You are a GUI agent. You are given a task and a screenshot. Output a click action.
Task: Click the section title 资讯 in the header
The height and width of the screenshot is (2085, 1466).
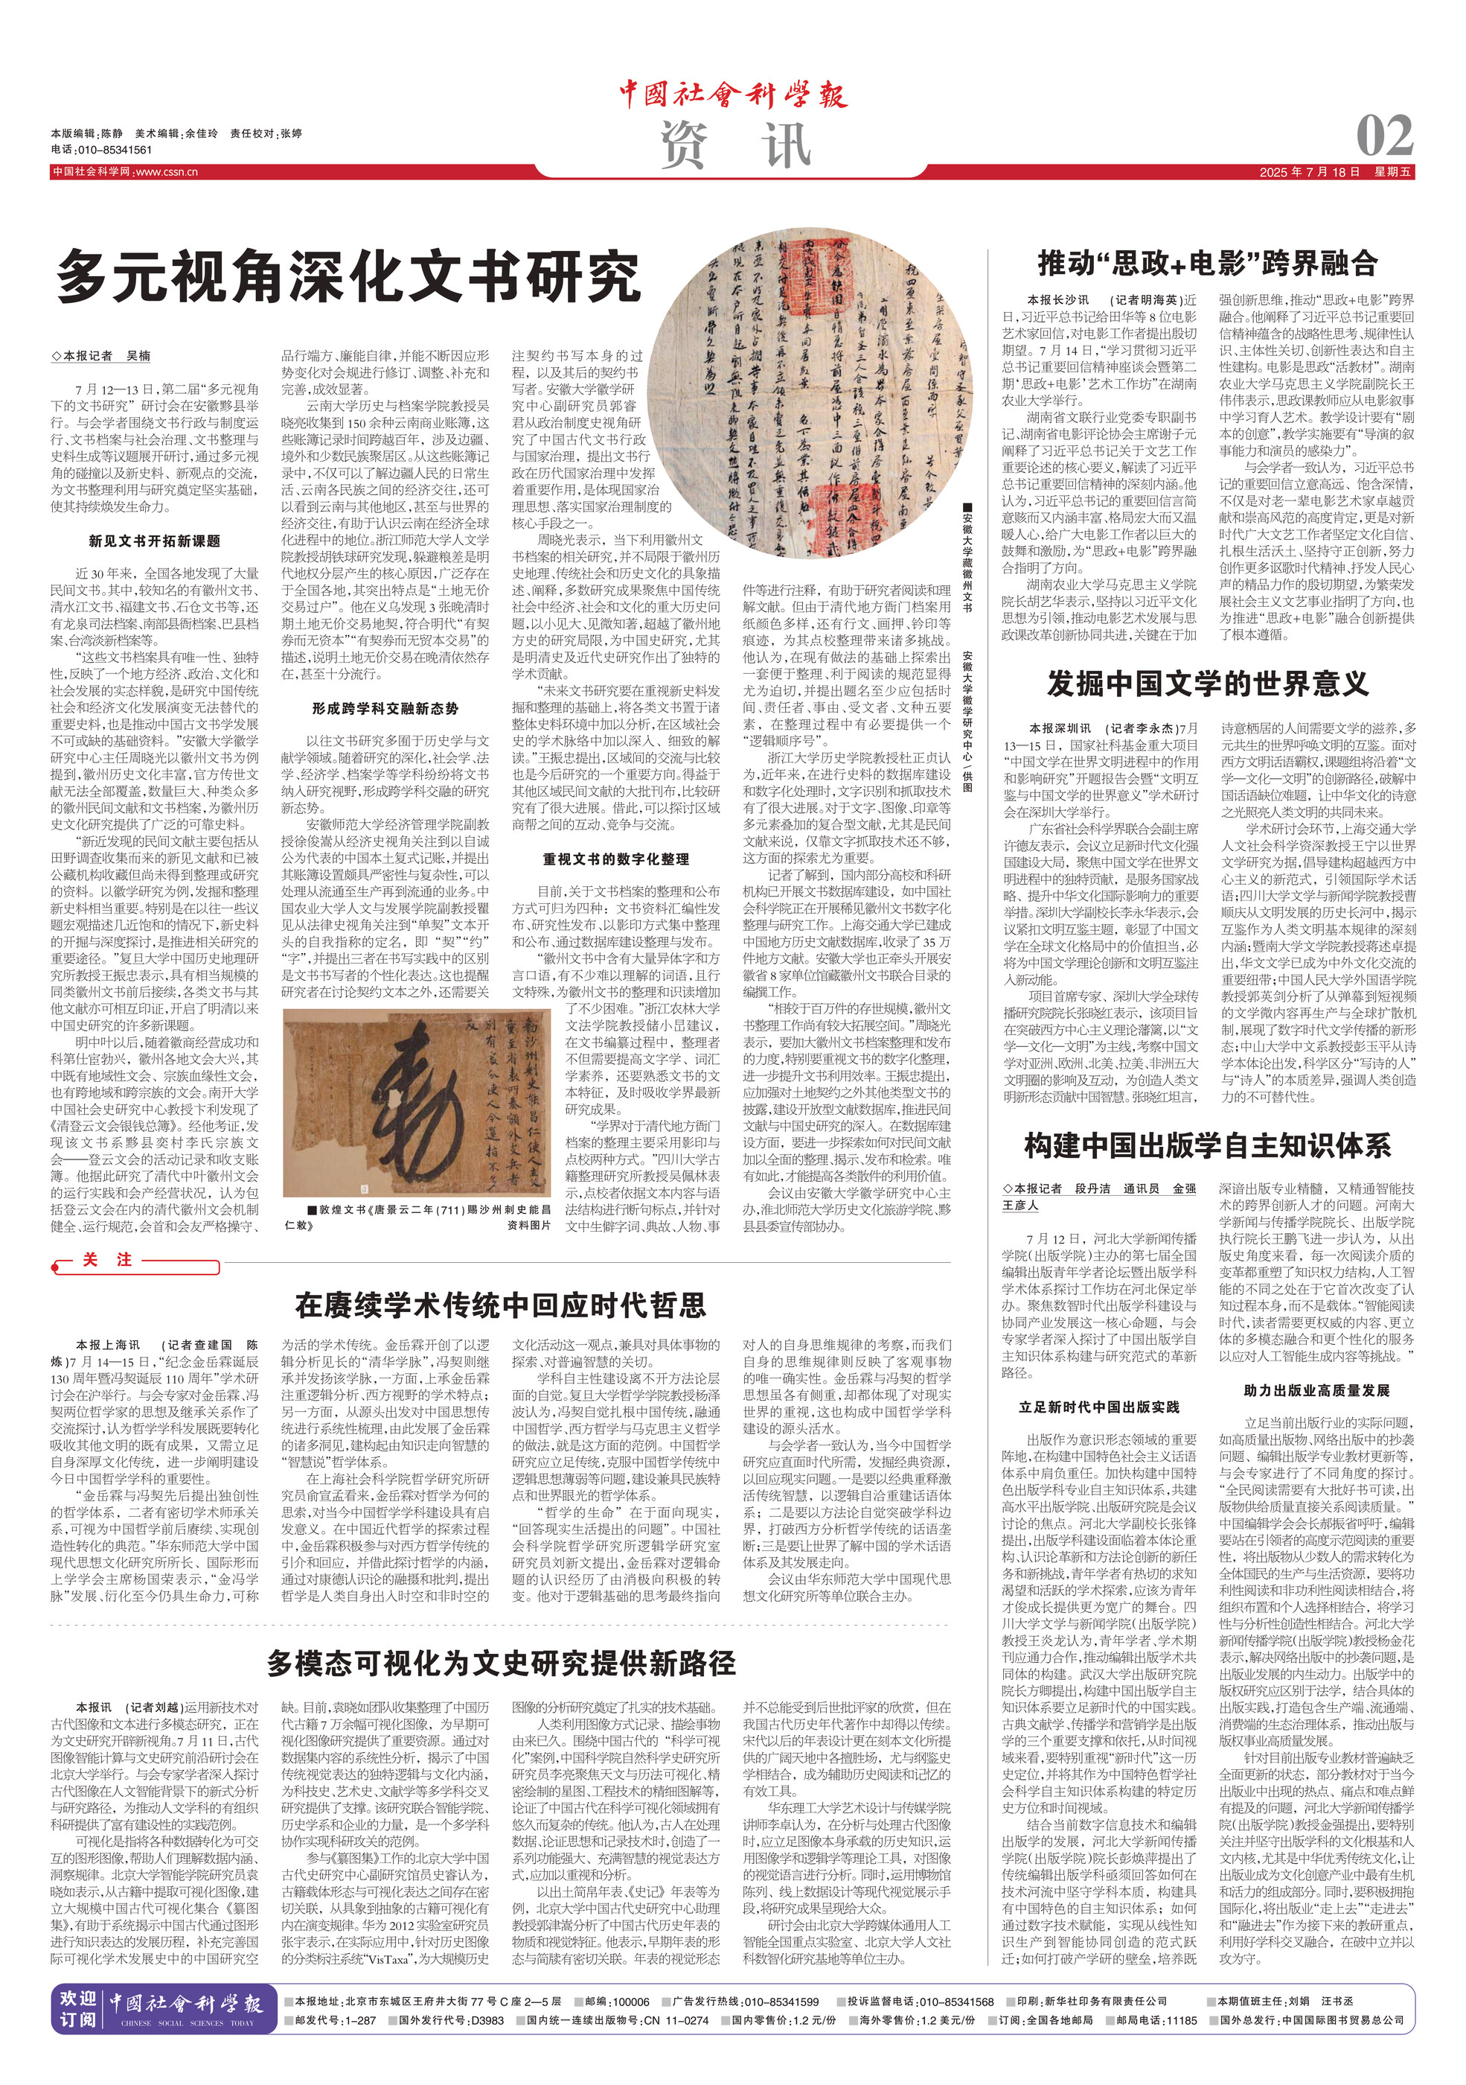coord(734,145)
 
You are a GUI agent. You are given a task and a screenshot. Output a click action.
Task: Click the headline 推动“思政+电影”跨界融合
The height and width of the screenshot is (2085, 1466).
coord(1207,264)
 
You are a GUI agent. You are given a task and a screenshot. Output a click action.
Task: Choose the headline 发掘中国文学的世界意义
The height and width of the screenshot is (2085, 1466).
coord(1207,683)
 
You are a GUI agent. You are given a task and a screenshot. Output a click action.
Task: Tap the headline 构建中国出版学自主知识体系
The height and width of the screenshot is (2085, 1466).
coord(1207,1145)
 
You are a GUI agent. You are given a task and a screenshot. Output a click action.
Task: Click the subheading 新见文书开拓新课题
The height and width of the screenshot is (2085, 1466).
coord(154,541)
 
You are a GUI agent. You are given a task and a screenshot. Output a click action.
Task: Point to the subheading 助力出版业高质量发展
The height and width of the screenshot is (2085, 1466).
coord(1316,1390)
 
